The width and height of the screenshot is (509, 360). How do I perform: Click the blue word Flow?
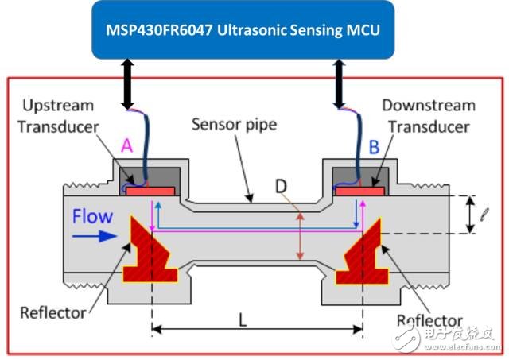(91, 215)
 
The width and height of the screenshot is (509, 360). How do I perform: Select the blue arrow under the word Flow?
(91, 236)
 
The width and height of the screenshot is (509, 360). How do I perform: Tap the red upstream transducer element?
(150, 192)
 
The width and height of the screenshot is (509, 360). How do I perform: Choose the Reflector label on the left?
(54, 312)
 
